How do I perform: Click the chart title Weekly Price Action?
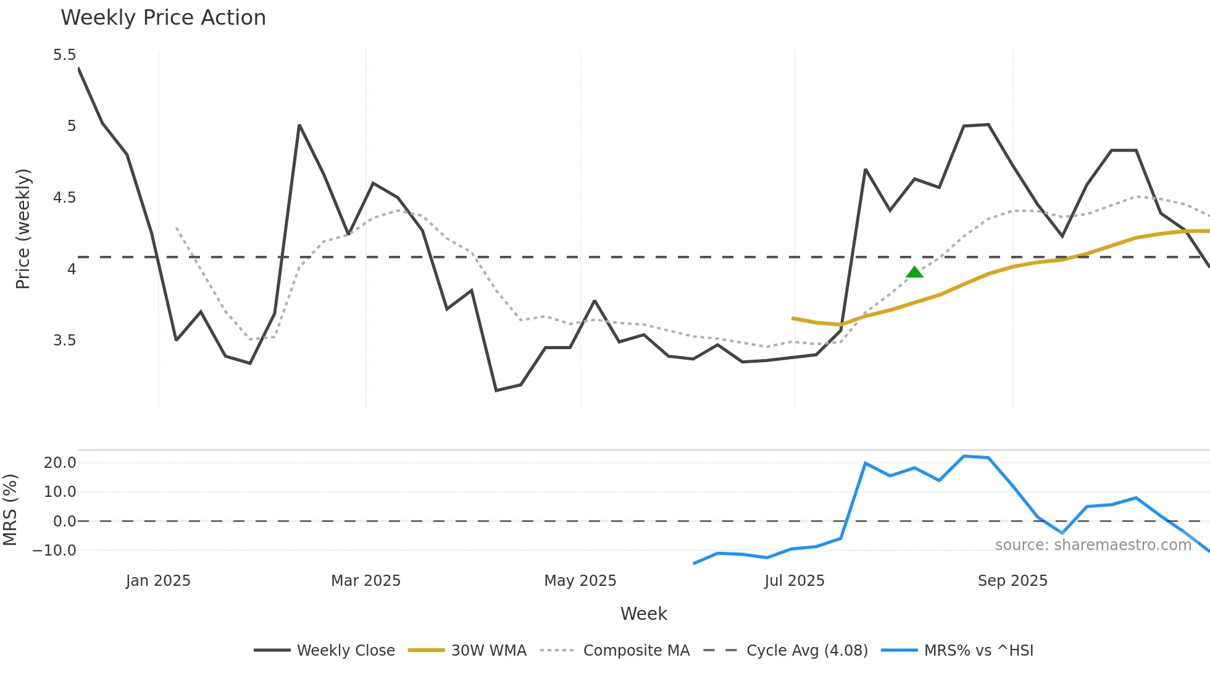tap(163, 18)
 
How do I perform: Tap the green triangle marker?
tap(914, 272)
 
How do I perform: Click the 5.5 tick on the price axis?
tap(64, 55)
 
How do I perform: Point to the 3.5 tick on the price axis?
tap(64, 340)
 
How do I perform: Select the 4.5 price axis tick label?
tap(64, 198)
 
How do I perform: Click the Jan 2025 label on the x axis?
tap(158, 581)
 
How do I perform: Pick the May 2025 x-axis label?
tap(580, 581)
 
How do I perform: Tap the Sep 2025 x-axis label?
tap(1012, 581)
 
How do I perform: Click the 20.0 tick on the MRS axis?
tap(60, 463)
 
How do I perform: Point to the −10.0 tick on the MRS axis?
tap(55, 551)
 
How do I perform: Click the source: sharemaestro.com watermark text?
tap(1093, 545)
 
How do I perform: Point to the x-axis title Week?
tap(643, 614)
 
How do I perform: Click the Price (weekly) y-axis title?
tap(23, 229)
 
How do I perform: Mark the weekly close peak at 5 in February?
tap(299, 125)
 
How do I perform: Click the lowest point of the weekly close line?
tap(496, 391)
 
